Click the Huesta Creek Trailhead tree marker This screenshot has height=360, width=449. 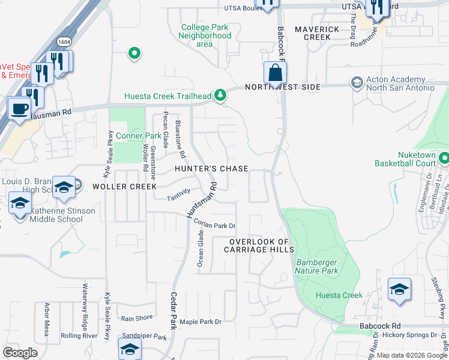pyautogui.click(x=221, y=95)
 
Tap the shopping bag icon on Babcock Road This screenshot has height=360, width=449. pyautogui.click(x=275, y=73)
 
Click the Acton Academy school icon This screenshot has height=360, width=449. pyautogui.click(x=357, y=82)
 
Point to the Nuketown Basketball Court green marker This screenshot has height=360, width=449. pyautogui.click(x=444, y=159)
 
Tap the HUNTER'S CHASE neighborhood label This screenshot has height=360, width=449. pyautogui.click(x=211, y=169)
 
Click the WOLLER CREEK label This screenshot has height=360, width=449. pyautogui.click(x=125, y=187)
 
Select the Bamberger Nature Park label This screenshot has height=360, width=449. pyautogui.click(x=316, y=266)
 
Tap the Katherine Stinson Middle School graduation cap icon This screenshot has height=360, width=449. pyautogui.click(x=20, y=203)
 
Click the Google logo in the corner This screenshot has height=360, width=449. pyautogui.click(x=20, y=353)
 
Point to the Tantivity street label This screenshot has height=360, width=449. pyautogui.click(x=178, y=192)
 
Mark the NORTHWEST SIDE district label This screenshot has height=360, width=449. pyautogui.click(x=282, y=87)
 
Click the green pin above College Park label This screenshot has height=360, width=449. pyautogui.click(x=134, y=54)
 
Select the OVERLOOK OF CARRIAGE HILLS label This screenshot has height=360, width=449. pyautogui.click(x=259, y=245)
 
